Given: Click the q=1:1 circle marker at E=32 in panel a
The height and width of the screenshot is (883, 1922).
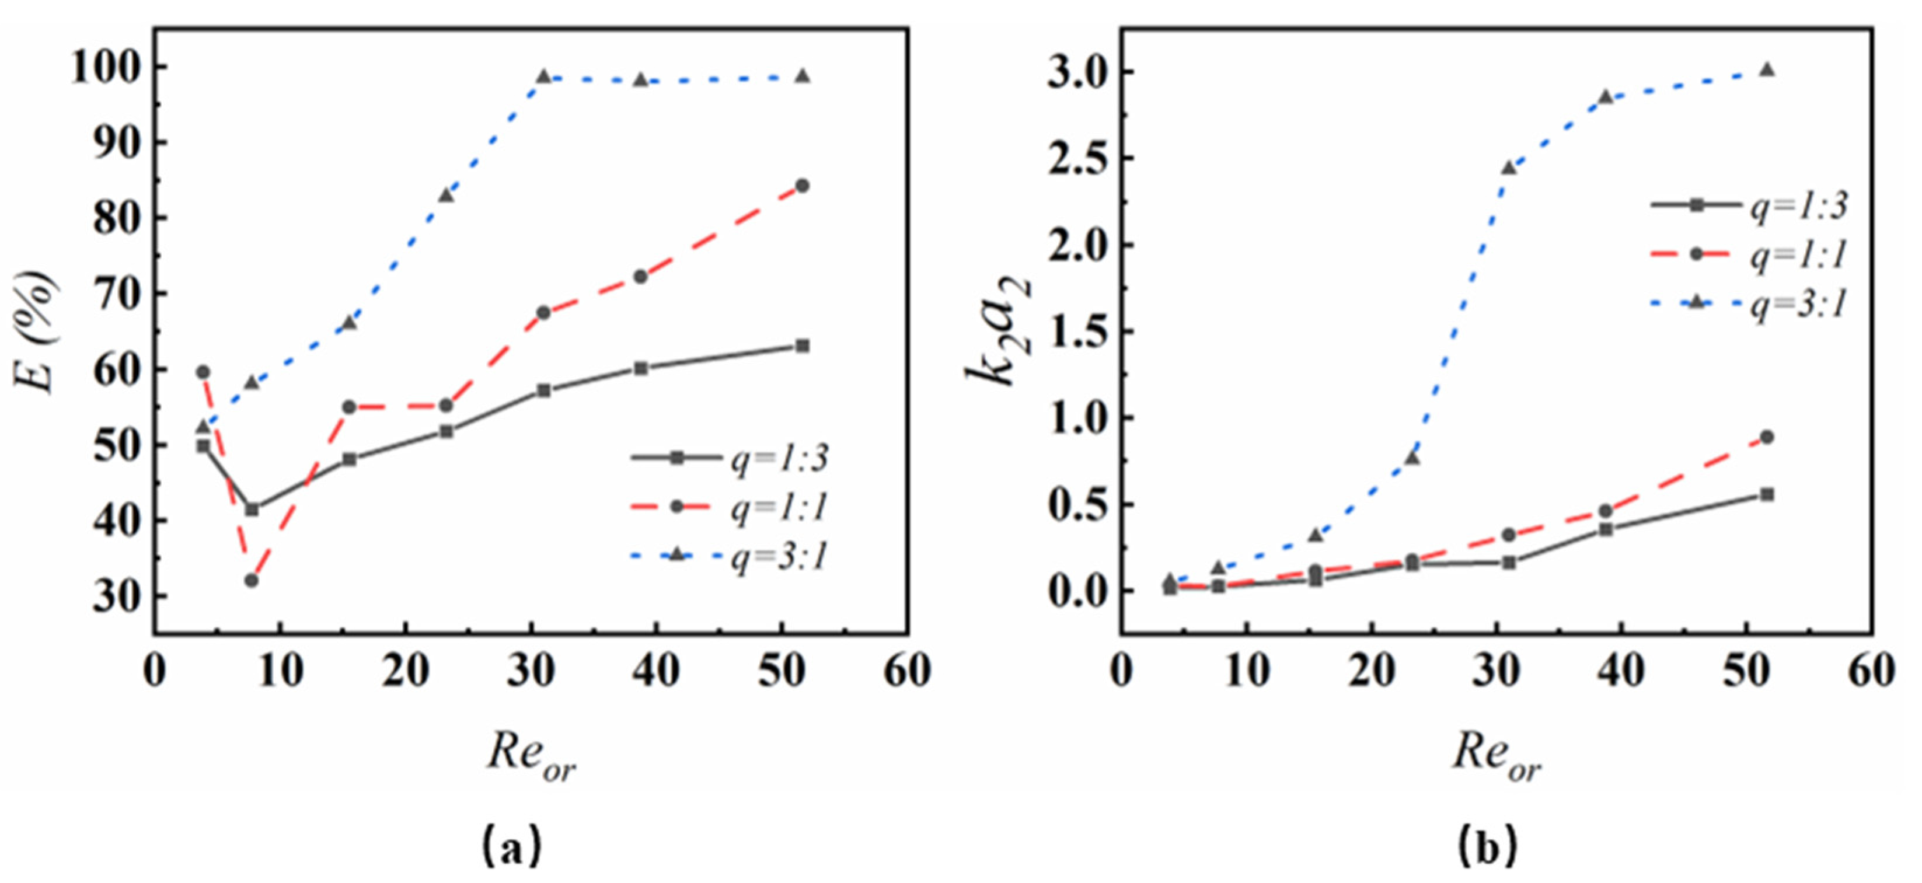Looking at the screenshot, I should coord(252,580).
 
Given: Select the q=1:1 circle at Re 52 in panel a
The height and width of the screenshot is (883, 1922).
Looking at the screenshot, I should coord(802,186).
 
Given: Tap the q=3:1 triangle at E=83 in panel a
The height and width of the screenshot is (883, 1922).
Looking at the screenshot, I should coord(446,196).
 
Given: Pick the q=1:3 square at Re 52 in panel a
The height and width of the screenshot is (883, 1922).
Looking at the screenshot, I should coord(802,346).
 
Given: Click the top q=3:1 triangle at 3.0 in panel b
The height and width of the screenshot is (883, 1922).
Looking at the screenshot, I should coord(1767,70).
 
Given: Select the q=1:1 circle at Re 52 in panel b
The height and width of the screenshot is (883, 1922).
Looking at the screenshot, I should coord(1767,437).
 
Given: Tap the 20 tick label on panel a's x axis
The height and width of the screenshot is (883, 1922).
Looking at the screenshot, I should coord(405,671).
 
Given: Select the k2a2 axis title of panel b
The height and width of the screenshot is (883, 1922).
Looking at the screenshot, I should coord(998,332).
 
